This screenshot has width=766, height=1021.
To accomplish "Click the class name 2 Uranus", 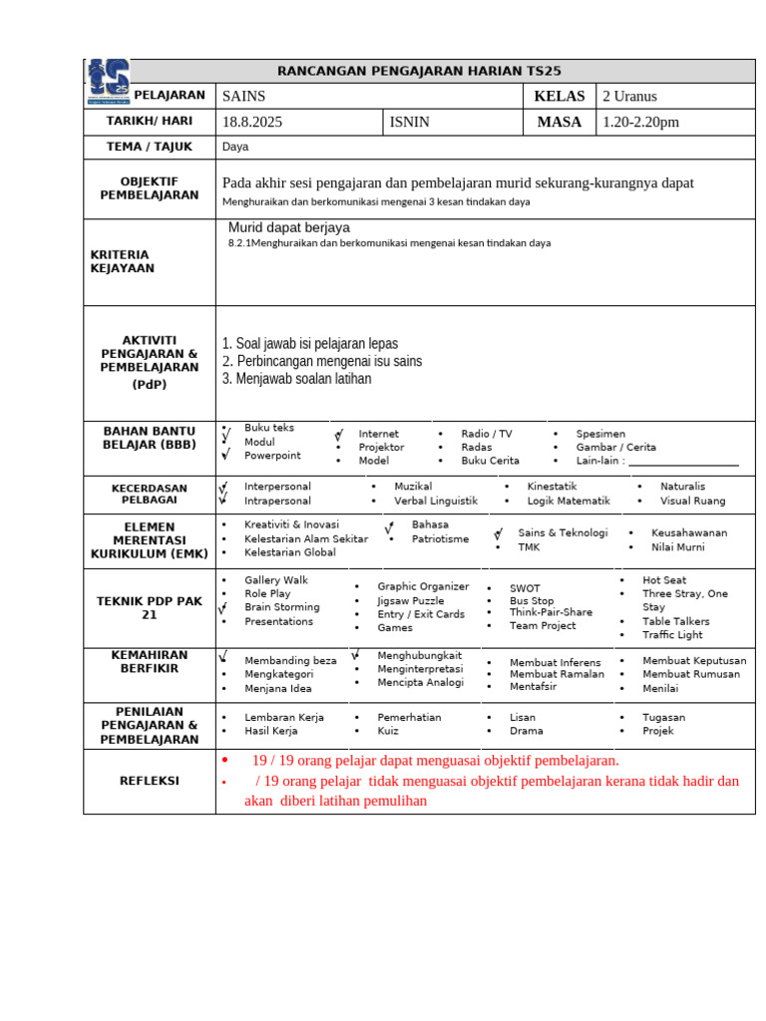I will [629, 97].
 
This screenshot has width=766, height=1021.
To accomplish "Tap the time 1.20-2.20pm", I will [640, 123].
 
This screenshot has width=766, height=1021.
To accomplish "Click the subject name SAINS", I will [243, 97].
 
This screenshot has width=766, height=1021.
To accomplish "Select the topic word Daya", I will [235, 147].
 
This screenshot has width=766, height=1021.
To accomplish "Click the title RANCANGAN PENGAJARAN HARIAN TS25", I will [419, 71].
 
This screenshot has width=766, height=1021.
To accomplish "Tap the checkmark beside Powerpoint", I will [226, 456].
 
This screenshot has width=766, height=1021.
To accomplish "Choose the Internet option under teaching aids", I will [378, 434].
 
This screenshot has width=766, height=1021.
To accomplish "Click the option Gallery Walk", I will [276, 580].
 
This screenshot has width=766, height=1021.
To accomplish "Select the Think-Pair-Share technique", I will [551, 612].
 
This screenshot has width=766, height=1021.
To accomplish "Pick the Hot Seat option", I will [664, 580].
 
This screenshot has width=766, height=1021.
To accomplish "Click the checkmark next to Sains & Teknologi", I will [498, 534].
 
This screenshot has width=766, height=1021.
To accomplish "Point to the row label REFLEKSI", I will [149, 781].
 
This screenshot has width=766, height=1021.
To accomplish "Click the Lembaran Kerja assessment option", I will [284, 717].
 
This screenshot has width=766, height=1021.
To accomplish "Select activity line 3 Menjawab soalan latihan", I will [296, 379].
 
